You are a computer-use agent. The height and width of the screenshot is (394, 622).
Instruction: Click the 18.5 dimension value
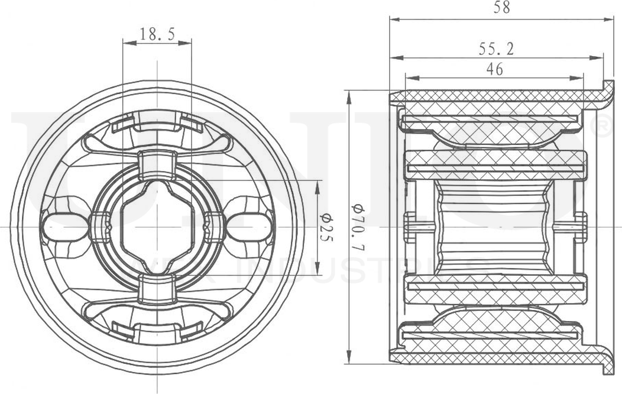coord(157,34)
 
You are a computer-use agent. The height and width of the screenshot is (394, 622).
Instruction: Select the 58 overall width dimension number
coord(501,7)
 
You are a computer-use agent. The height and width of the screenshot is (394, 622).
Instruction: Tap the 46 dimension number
coord(494,69)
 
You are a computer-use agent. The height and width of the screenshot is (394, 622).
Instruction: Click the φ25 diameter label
coord(327,228)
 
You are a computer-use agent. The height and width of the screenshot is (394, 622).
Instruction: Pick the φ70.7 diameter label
coord(358,228)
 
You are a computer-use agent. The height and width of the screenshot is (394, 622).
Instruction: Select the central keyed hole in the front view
coord(157,228)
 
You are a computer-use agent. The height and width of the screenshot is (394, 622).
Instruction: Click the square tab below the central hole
coord(157,289)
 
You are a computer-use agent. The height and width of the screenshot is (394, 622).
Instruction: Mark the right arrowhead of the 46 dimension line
coord(581,78)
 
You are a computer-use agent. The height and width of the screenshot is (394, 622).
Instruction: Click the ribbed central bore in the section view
coord(495,228)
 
